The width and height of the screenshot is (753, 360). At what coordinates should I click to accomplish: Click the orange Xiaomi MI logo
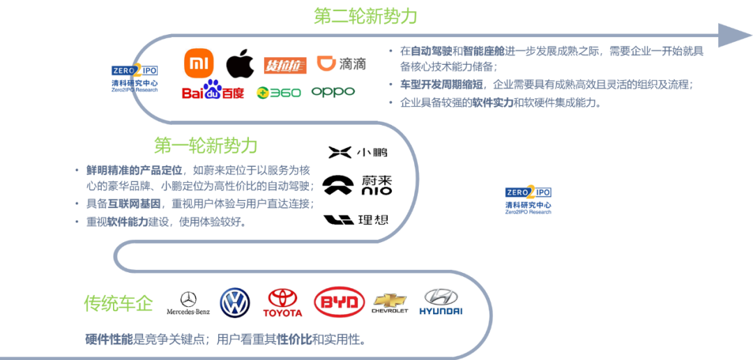[x=199, y=63]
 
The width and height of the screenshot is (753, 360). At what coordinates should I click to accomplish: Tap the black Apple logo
[x=240, y=63]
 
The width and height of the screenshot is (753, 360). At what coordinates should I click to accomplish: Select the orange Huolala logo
[x=285, y=66]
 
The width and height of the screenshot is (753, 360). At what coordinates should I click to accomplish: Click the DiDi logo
[x=341, y=64]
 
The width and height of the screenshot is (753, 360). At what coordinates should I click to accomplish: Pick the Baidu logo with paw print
[x=213, y=91]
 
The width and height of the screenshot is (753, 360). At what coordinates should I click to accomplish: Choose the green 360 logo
[x=279, y=92]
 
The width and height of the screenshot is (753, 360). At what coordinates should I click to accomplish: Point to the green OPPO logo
[x=333, y=91]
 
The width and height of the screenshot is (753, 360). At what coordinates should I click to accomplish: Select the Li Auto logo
[x=356, y=220]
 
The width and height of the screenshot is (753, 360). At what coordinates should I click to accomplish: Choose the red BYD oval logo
[x=339, y=302]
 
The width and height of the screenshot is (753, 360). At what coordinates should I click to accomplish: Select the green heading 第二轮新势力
[x=365, y=16]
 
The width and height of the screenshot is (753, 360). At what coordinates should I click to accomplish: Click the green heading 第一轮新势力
[x=206, y=146]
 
